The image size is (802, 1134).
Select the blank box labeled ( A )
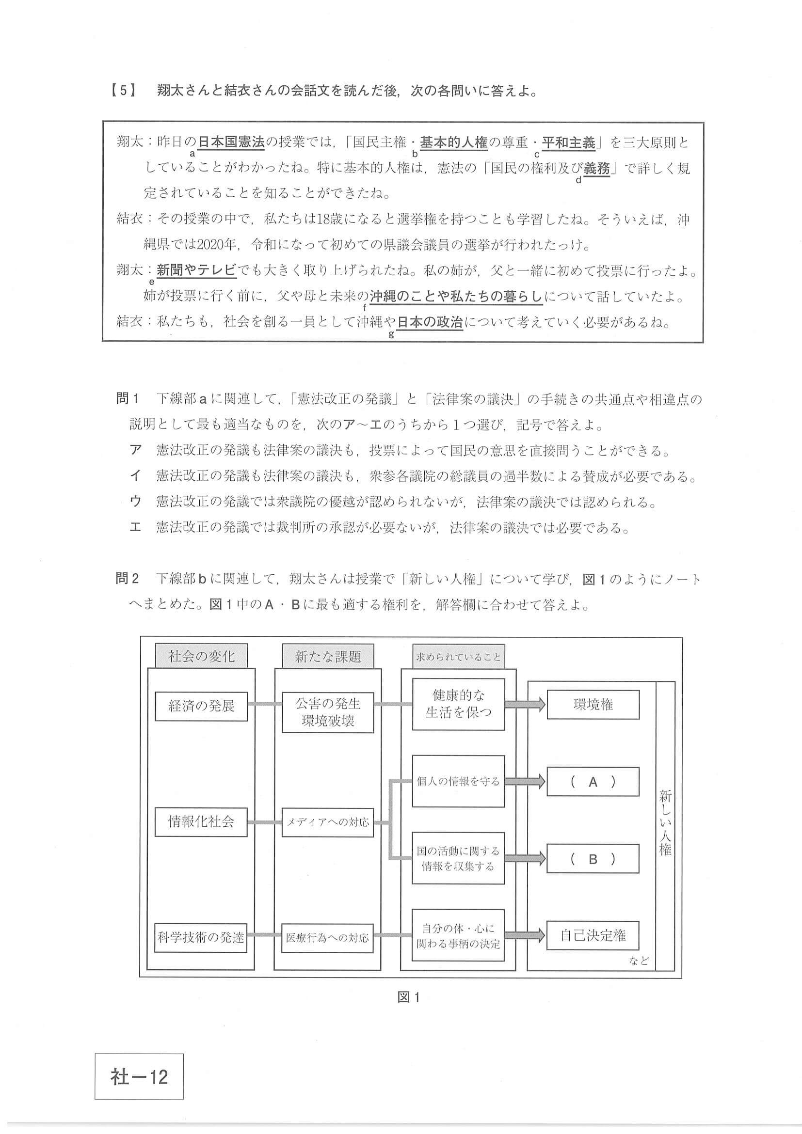tap(593, 781)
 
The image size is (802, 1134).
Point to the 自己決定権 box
tap(593, 935)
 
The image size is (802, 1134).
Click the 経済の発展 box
tap(201, 706)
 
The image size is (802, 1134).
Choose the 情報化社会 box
tap(201, 822)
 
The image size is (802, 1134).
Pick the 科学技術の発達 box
tap(201, 937)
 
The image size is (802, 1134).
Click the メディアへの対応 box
tap(328, 822)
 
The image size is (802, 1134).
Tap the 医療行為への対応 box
tap(328, 937)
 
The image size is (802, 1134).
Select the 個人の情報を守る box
tap(458, 781)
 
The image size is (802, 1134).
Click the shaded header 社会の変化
tap(201, 656)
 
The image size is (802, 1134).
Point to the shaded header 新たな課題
tap(328, 656)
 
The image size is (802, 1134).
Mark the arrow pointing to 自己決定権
tap(525, 935)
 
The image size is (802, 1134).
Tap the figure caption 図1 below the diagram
tap(409, 997)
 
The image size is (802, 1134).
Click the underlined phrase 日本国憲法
tap(231, 143)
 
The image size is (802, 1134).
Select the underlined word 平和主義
tap(569, 143)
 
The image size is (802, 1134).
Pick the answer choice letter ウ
tap(135, 502)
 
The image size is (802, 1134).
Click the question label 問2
tap(128, 578)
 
